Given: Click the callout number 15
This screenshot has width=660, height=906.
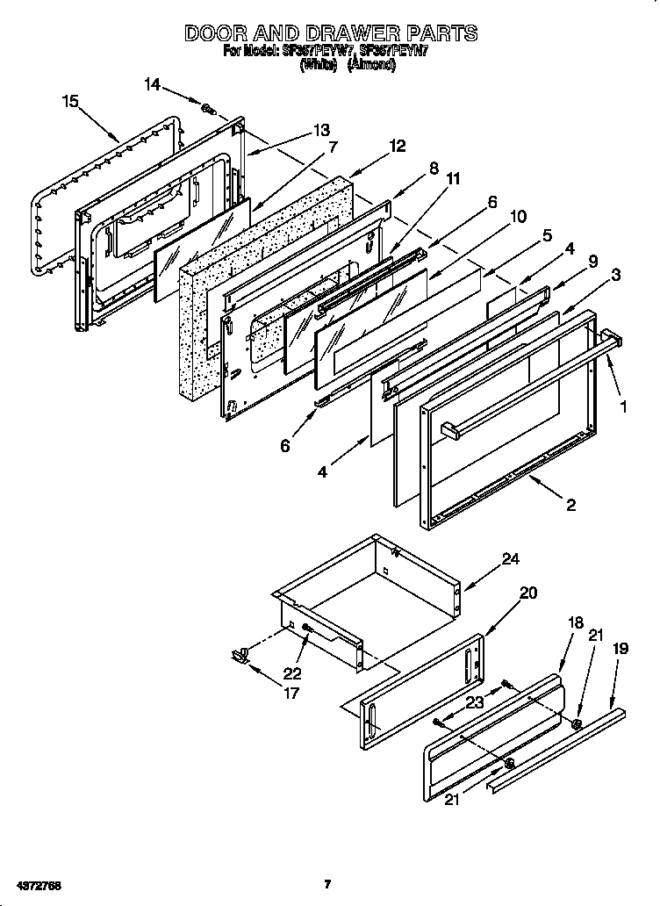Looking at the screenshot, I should [x=71, y=101].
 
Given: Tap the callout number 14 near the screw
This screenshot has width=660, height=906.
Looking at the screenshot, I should [x=153, y=84].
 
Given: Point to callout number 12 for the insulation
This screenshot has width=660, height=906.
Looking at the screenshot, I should [x=398, y=147].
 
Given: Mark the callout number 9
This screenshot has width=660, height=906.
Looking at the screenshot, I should [x=592, y=260].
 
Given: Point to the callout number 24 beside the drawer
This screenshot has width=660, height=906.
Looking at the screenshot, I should [x=510, y=558].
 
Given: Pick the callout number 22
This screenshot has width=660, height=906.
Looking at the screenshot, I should [x=292, y=674].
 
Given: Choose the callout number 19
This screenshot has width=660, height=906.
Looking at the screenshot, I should [x=620, y=650].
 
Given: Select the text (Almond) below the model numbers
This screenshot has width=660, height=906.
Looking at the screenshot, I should [x=372, y=66].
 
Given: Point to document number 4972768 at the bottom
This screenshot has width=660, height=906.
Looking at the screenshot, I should [x=36, y=882].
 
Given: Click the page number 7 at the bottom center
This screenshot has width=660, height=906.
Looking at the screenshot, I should [x=326, y=883].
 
